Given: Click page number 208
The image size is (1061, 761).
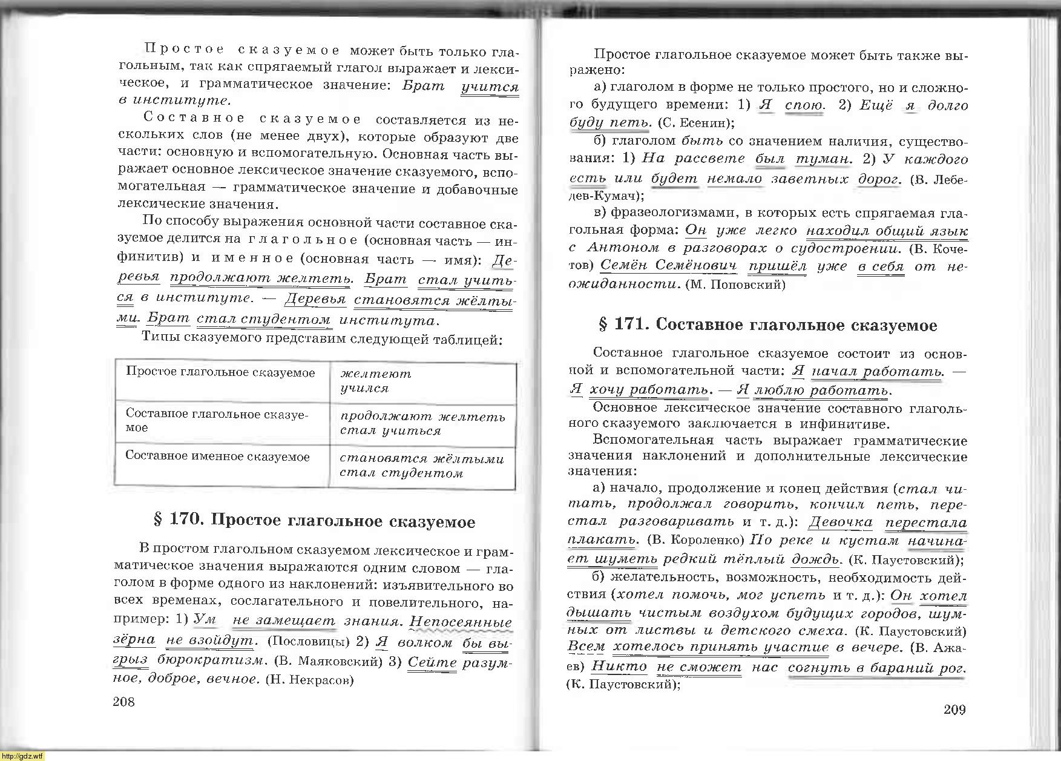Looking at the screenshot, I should click(123, 702).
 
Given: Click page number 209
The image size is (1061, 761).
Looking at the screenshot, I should click(954, 710).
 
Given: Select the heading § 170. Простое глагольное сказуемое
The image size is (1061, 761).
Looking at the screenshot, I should click(315, 521).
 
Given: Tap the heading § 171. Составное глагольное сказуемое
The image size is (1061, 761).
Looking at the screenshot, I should click(767, 325).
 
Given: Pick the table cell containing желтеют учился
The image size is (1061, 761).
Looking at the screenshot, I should click(422, 381).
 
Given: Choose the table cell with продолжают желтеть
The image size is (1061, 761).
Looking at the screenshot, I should click(422, 423).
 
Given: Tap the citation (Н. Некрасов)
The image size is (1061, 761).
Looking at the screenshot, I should click(309, 680).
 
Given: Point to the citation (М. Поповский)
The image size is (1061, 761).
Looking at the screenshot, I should click(735, 285).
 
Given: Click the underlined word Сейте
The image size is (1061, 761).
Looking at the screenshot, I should click(432, 661).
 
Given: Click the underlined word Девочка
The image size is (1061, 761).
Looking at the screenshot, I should click(841, 522).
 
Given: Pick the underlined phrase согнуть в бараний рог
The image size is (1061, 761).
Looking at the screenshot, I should click(876, 668).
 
